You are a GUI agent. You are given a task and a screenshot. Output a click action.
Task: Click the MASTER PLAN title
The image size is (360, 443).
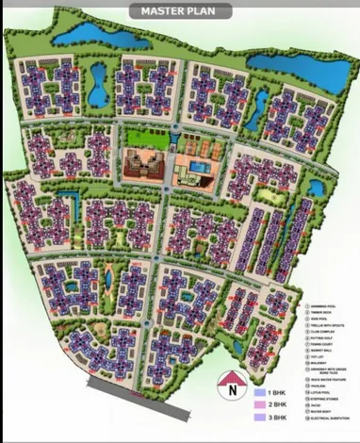(x=179, y=11)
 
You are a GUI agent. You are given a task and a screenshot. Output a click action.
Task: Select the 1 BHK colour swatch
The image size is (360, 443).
(x=260, y=390)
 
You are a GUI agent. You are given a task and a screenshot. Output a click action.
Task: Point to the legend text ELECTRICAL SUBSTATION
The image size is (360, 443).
(x=331, y=418)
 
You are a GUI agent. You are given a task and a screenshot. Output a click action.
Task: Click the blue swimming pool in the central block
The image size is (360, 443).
(x=196, y=165)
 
